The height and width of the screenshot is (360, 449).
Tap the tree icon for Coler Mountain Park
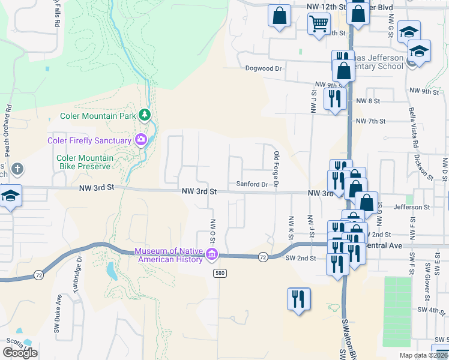[x=144, y=114]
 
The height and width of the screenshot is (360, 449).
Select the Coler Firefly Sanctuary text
[x=89, y=140]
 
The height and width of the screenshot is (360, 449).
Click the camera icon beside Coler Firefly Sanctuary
[x=141, y=140]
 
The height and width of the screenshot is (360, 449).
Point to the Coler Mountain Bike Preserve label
[x=84, y=162]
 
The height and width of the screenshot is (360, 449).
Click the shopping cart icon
[x=319, y=25]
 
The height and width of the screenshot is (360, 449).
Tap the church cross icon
[x=17, y=169]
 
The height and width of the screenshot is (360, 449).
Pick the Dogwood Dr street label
[x=264, y=68]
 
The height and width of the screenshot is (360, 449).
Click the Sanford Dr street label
[x=252, y=184]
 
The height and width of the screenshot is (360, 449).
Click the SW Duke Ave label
[x=58, y=313]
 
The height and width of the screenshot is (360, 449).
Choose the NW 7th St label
[x=370, y=121]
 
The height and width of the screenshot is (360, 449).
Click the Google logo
[x=20, y=352]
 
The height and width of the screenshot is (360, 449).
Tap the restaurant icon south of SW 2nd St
[x=298, y=299]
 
